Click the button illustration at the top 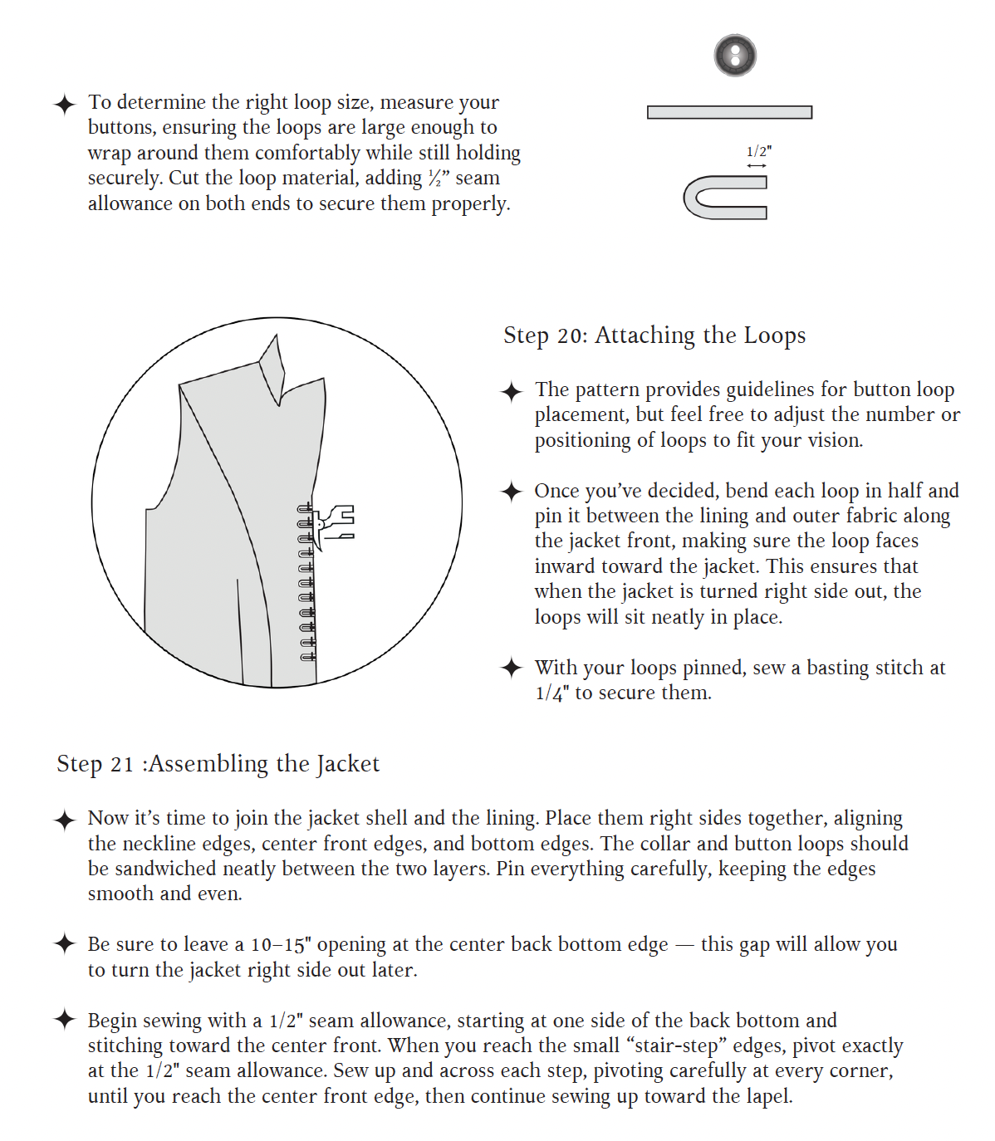point(735,56)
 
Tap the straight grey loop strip point(729,112)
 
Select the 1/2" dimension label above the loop point(758,151)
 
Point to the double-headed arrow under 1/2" point(756,166)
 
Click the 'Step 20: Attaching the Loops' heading point(654,335)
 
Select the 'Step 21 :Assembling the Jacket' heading point(218,764)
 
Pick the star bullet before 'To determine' point(65,105)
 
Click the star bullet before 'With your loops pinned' point(512,668)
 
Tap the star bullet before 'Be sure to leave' point(65,944)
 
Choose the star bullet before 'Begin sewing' point(65,1020)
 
